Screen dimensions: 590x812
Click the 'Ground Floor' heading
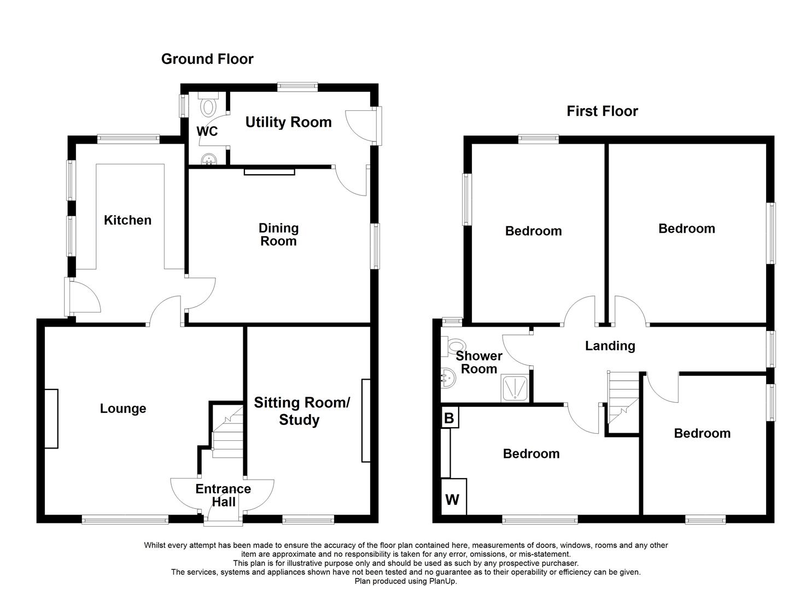[207, 59]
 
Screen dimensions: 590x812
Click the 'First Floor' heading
[602, 111]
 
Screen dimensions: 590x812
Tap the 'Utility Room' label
[288, 122]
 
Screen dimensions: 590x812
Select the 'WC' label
[207, 132]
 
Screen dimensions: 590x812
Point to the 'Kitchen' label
[127, 220]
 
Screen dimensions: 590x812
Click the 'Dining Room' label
[278, 234]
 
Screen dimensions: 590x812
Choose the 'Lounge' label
[123, 409]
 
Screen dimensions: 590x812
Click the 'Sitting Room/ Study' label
[301, 411]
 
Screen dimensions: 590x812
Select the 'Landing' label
[610, 346]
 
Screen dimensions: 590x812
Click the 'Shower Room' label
[478, 362]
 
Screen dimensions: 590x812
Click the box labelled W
[453, 499]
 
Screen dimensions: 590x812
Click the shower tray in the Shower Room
[515, 389]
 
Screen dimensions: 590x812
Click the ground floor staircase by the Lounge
[226, 432]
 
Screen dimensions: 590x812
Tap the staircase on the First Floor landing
[623, 396]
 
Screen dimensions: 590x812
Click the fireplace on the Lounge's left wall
[51, 418]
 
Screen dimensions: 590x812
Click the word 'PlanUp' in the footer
[441, 581]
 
